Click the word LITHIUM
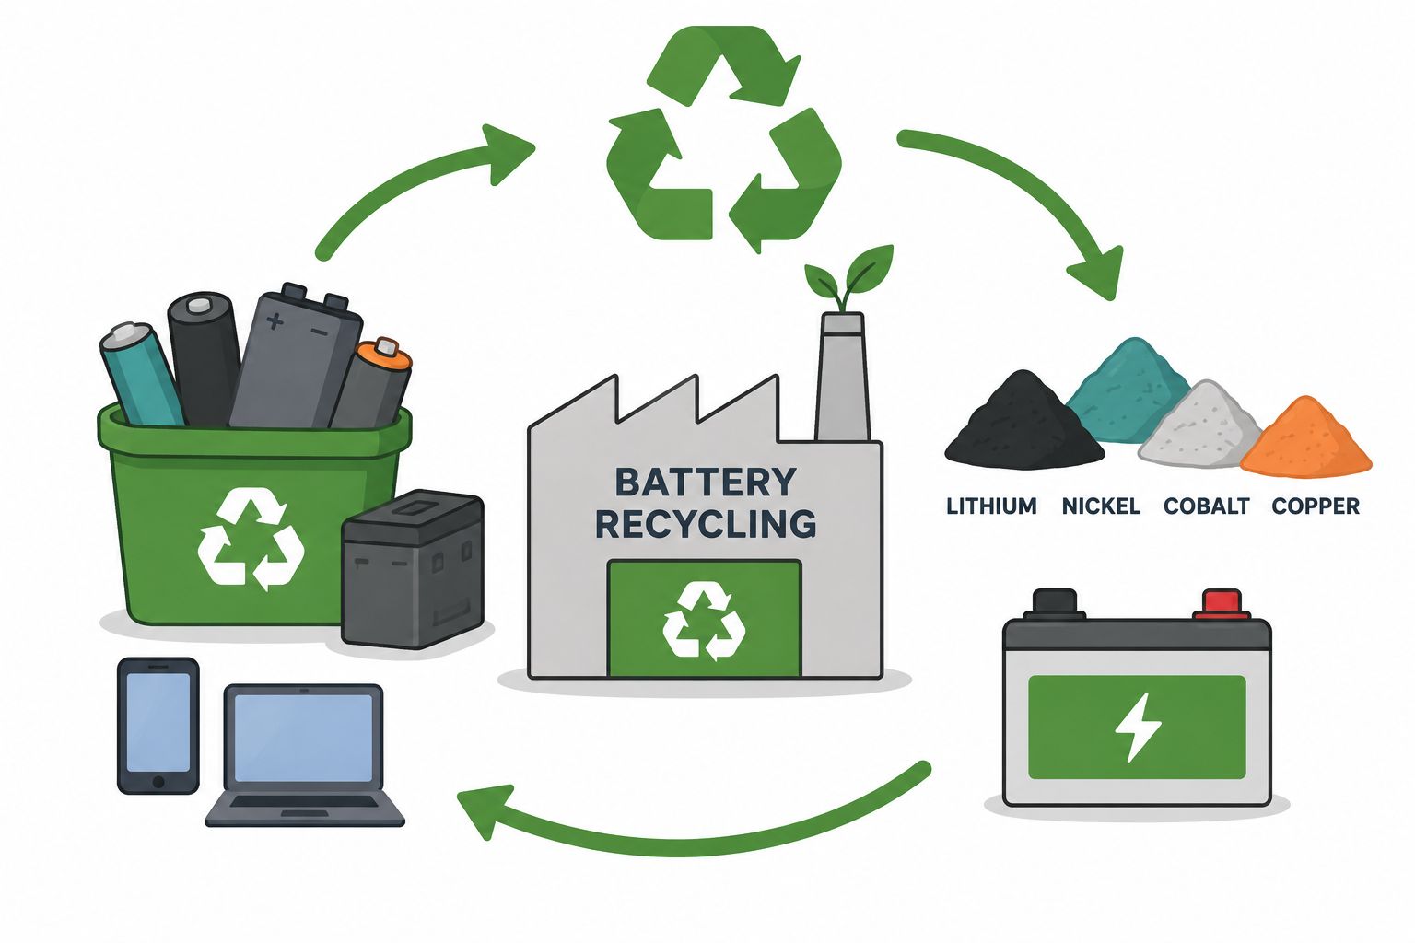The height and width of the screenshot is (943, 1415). pos(991,506)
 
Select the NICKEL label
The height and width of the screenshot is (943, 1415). pos(1101,506)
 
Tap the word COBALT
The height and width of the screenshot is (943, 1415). pos(1207,506)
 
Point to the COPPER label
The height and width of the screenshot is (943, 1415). pos(1316,506)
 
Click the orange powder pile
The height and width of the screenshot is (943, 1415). pos(1306,439)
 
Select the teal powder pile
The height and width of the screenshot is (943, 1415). pos(1128,391)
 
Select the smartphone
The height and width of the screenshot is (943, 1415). pos(158,725)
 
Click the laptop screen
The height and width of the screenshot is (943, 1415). pos(303,738)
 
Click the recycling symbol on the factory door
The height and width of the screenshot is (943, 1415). pos(704,621)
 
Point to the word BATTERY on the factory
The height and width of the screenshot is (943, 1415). pos(705,483)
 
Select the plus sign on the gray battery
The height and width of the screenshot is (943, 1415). pos(275,320)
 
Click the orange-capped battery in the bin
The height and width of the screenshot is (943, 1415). pos(371,384)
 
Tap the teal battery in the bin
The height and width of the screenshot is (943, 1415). pos(142,374)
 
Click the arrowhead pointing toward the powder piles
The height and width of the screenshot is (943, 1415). pos(1098,272)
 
